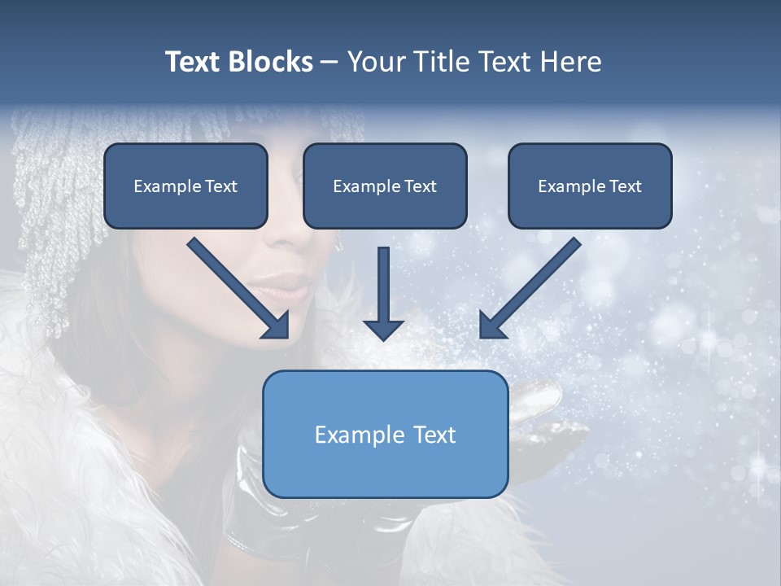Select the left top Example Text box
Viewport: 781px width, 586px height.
point(185,186)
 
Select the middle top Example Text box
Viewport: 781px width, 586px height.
point(385,186)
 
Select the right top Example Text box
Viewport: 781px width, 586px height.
point(590,186)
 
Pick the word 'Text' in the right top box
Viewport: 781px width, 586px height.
point(626,186)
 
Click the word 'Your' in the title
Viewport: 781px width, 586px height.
point(376,62)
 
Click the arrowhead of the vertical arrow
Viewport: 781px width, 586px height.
point(384,329)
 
